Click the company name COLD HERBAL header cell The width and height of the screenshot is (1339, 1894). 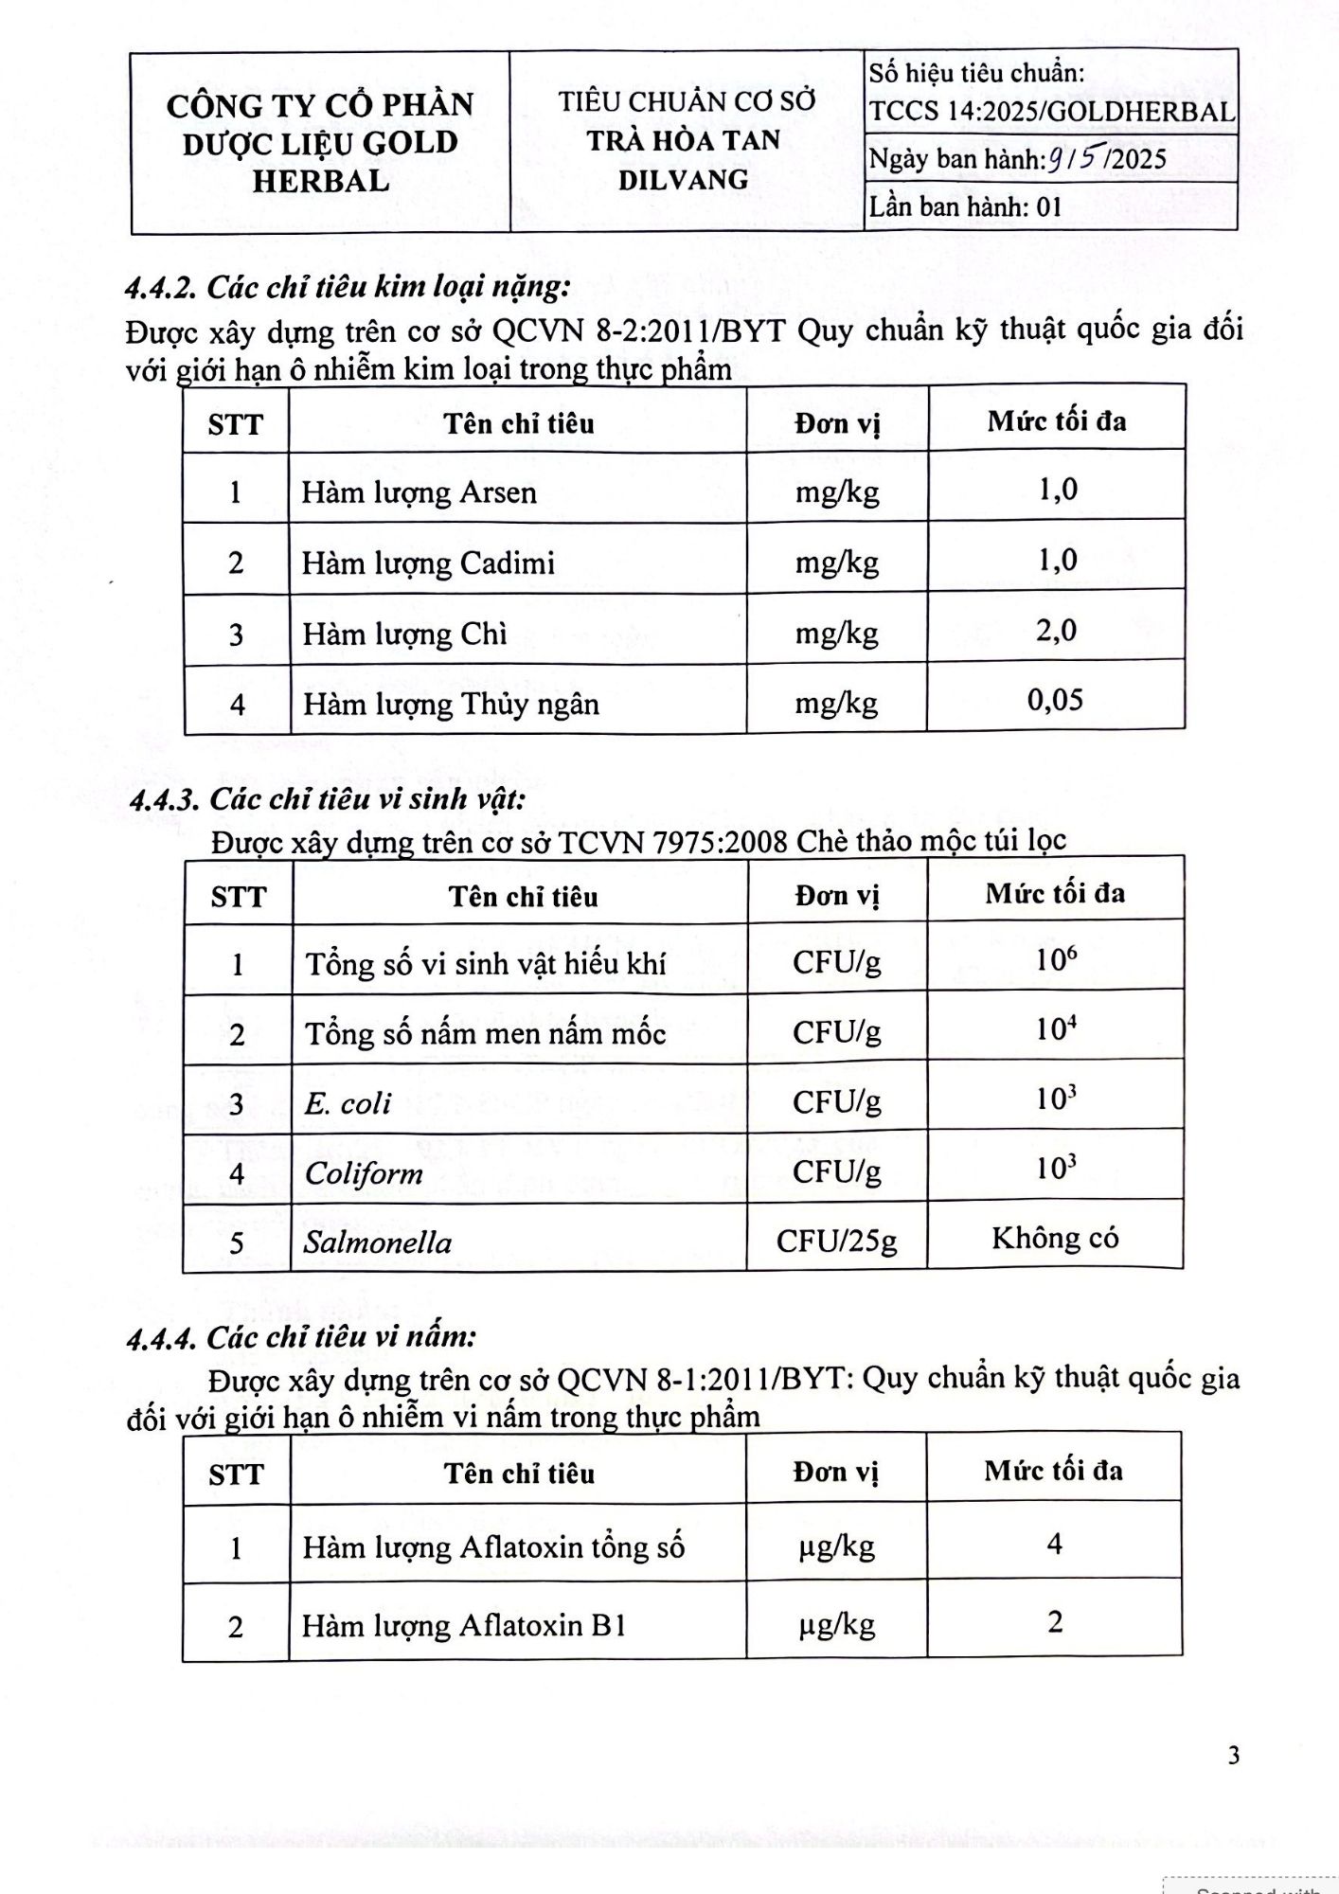pos(320,142)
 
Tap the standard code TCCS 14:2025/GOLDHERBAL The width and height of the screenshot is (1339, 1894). pos(1052,112)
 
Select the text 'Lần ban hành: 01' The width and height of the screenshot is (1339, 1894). pos(965,206)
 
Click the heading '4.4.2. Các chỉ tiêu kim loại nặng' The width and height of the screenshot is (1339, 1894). pos(348,286)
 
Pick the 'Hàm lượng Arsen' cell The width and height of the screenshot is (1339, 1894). pos(419,492)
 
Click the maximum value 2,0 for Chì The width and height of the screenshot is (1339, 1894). pos(1056,631)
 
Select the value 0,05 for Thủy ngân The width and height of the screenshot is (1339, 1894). pos(1055,701)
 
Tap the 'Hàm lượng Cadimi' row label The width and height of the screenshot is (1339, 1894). pos(428,563)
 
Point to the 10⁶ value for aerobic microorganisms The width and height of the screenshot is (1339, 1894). pos(1056,960)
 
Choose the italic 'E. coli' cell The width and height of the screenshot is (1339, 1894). pos(348,1103)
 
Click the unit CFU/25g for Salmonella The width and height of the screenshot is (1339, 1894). pos(836,1241)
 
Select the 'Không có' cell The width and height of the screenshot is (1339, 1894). pos(1055,1238)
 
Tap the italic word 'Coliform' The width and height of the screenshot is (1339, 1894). pos(364,1173)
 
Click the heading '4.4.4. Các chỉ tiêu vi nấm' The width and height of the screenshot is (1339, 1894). pos(301,1336)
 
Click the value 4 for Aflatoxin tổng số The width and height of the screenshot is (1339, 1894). pos(1054,1545)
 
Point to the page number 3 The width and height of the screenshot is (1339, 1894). pos(1233,1756)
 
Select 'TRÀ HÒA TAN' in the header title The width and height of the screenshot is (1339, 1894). pos(684,140)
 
